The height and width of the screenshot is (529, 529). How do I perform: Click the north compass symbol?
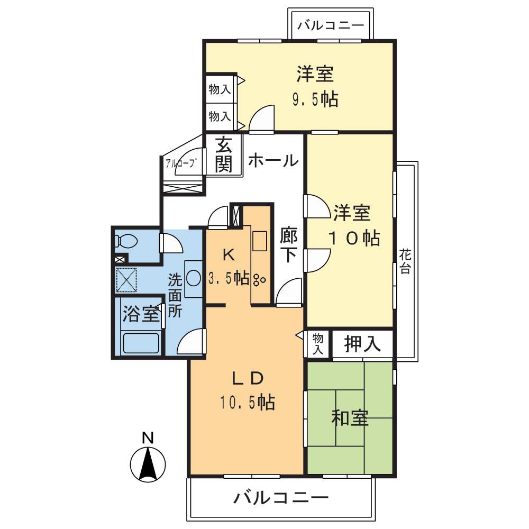(148, 463)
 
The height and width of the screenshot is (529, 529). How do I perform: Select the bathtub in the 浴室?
(141, 343)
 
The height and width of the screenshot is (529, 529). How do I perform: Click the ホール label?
(273, 160)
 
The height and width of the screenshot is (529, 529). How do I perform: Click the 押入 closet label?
(363, 344)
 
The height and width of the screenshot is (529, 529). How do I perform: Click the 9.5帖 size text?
(315, 99)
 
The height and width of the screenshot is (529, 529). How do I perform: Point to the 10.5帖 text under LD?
(247, 403)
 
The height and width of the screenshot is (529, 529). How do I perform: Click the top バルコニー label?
(331, 25)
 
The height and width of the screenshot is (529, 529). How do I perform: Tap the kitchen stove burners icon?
(260, 278)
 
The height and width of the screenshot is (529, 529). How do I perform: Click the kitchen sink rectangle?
(259, 241)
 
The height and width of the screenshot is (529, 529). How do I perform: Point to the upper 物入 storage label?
(220, 89)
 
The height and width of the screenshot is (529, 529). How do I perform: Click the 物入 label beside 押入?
(317, 344)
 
